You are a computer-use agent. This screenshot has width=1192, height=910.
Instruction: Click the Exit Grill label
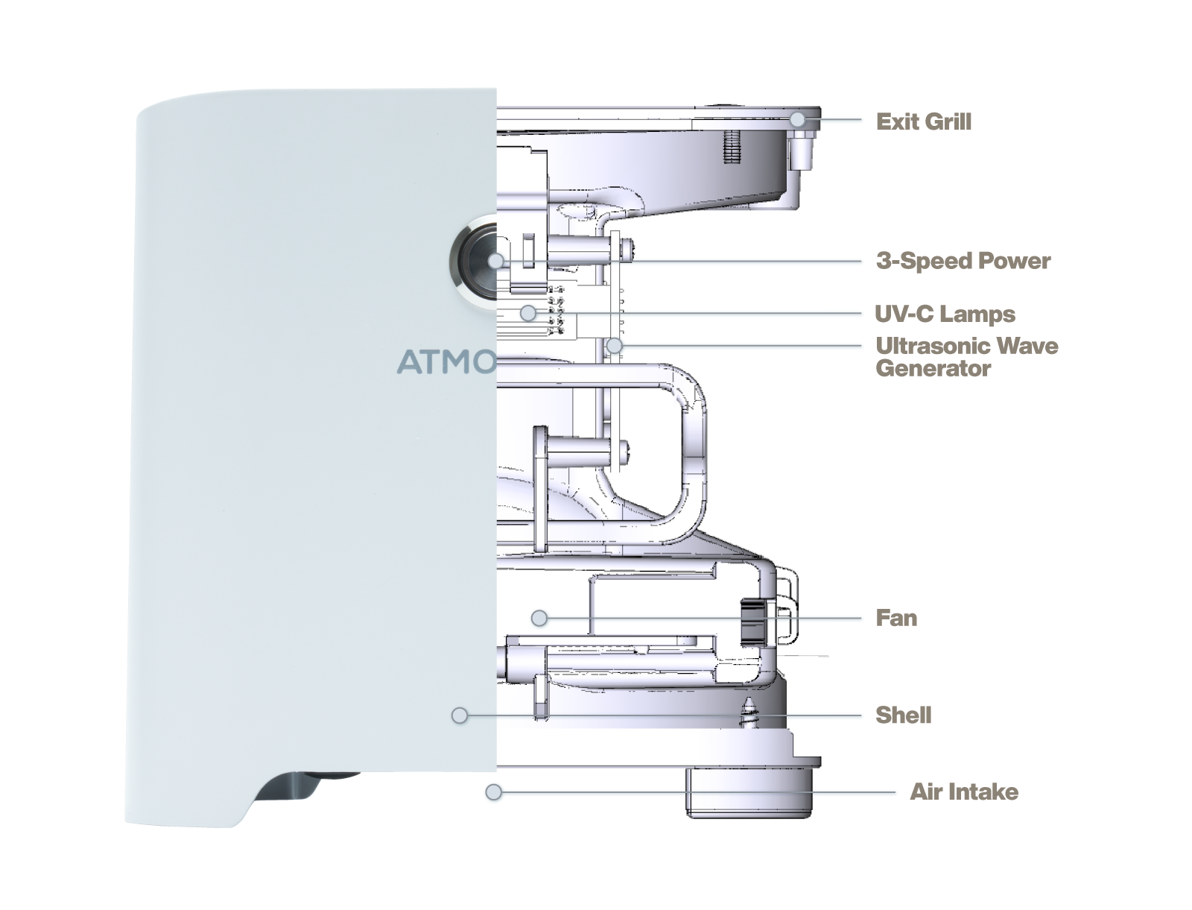[x=923, y=121]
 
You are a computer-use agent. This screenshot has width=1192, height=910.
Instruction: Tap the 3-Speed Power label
[x=963, y=261]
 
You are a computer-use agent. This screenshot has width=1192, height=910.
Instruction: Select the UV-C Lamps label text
[x=945, y=314]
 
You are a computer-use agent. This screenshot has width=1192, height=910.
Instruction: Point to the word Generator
[x=933, y=368]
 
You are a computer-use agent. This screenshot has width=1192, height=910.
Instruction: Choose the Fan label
[x=895, y=618]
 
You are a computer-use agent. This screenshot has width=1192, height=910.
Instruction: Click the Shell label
[x=903, y=715]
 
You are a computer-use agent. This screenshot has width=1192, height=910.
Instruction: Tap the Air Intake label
[x=963, y=791]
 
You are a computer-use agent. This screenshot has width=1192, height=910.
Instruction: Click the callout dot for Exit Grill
[x=797, y=119]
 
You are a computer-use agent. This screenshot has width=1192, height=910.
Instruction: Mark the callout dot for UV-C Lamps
[x=528, y=313]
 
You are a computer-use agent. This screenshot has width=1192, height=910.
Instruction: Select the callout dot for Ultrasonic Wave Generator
[x=614, y=346]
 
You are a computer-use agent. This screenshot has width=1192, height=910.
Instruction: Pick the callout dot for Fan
[x=539, y=618]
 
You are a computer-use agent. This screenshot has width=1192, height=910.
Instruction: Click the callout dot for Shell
[x=460, y=715]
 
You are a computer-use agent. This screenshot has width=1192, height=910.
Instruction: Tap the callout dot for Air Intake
[x=493, y=791]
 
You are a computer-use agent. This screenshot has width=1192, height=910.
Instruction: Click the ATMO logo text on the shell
[x=446, y=362]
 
